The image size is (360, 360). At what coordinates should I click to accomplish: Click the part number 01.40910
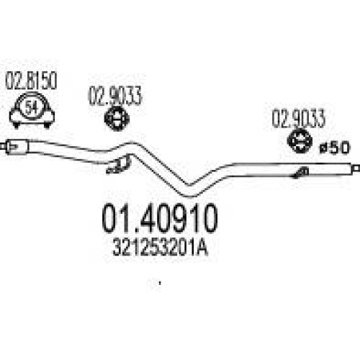tap(160, 218)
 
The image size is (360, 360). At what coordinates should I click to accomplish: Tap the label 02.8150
tap(31, 81)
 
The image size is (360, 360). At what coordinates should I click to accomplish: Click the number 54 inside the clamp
tap(32, 108)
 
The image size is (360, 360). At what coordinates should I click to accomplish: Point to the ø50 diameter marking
tap(334, 148)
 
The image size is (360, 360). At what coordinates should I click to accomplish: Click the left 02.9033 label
tap(115, 96)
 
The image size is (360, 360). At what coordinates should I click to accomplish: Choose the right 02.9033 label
tap(298, 119)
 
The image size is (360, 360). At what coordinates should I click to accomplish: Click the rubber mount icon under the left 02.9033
tap(117, 119)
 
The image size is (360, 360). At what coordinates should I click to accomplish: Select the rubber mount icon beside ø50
tap(300, 140)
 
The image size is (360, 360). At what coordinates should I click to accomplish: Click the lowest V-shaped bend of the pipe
tap(190, 191)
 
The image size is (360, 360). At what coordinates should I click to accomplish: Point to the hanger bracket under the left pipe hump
tap(119, 165)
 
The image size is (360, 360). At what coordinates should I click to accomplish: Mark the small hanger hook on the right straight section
tap(300, 173)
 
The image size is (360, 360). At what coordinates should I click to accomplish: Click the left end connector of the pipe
tap(14, 147)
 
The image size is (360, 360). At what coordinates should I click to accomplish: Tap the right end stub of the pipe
tap(356, 168)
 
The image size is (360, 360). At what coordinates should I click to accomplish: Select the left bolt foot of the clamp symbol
tap(17, 125)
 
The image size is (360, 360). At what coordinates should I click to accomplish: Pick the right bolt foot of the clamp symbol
tap(47, 125)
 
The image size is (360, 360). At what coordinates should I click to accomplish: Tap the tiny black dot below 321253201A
tap(160, 284)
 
